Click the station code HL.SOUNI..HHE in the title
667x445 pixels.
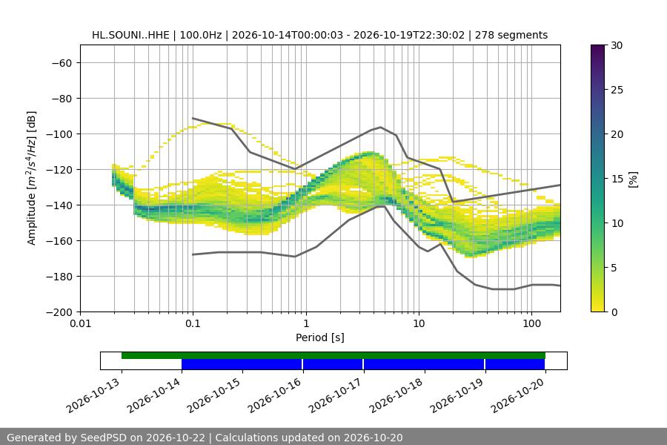(130, 35)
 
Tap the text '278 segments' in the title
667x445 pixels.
(511, 35)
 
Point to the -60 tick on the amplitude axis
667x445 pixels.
(62, 63)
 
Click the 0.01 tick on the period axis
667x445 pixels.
(80, 323)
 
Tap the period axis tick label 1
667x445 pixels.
(306, 323)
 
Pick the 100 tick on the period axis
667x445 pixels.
(531, 323)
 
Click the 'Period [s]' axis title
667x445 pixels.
(320, 337)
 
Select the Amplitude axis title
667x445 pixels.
(31, 178)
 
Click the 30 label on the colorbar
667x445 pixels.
(617, 45)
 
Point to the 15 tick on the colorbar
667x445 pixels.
(617, 179)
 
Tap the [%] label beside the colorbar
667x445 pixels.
(634, 179)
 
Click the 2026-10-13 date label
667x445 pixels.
(93, 395)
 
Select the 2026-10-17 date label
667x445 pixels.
(336, 395)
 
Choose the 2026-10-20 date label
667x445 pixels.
(517, 395)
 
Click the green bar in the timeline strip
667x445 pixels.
(333, 355)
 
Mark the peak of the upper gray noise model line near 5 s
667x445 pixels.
(381, 127)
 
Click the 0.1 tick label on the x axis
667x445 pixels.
(193, 323)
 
